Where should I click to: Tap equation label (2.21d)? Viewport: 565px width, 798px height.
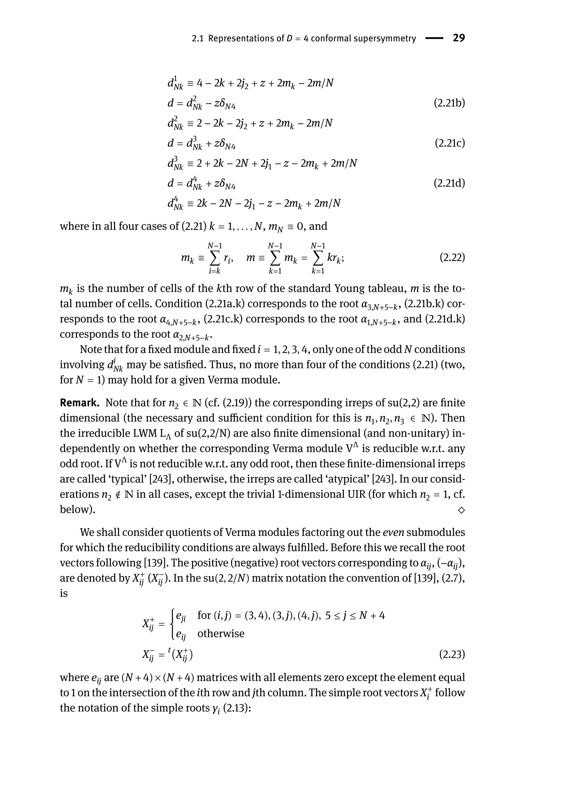[449, 183]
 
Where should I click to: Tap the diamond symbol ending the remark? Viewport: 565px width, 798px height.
[461, 510]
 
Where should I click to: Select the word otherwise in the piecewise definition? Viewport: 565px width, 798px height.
[221, 633]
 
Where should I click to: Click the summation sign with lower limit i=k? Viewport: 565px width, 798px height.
[215, 258]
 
